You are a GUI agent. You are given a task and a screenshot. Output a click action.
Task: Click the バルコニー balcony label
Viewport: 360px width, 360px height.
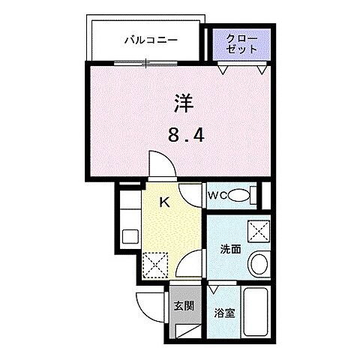(x=151, y=40)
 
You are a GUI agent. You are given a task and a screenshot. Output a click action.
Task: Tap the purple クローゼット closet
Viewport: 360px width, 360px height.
(x=240, y=43)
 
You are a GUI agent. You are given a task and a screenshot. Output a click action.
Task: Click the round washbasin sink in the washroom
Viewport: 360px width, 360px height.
(x=258, y=263)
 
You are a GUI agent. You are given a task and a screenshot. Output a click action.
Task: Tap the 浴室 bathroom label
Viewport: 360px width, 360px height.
(x=225, y=313)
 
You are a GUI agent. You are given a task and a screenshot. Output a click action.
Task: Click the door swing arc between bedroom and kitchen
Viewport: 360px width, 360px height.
(x=160, y=166)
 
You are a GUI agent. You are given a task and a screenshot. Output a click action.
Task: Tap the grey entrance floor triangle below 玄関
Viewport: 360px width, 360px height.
(x=188, y=328)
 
